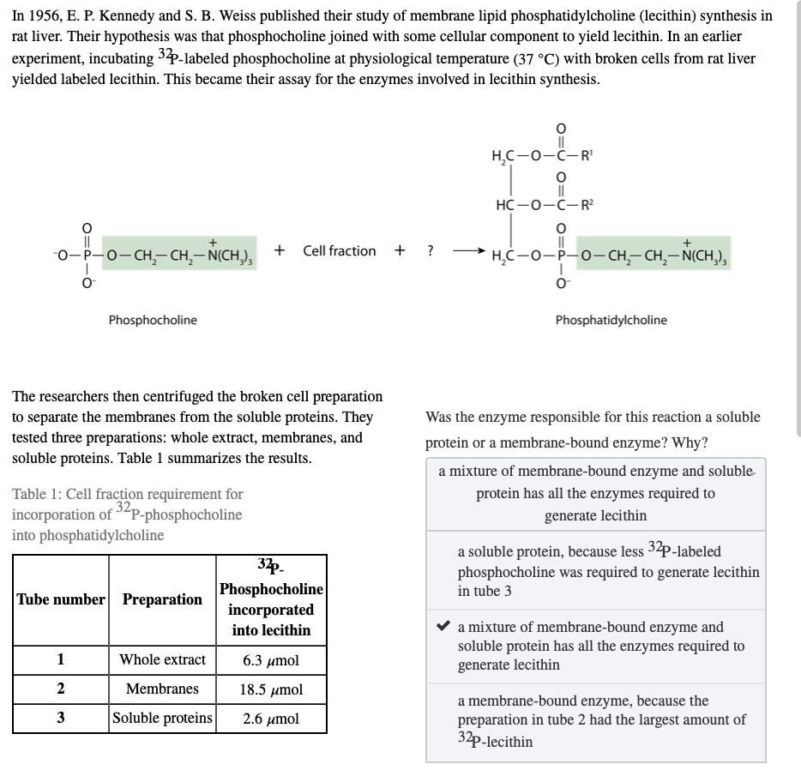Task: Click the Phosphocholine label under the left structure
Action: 153,320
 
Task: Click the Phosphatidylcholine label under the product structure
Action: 611,320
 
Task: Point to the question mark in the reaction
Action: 431,250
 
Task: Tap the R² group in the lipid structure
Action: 587,203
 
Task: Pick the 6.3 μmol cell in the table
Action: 271,659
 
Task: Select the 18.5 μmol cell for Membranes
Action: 271,689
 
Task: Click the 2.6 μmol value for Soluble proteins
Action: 271,718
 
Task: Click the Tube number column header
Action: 60,599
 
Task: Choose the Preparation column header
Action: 162,599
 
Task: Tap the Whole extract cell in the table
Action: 162,659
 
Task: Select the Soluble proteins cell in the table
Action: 162,718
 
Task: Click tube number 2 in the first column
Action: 60,689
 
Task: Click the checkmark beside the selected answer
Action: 443,627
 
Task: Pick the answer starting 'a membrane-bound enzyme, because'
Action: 600,720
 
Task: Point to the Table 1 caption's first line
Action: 128,494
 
